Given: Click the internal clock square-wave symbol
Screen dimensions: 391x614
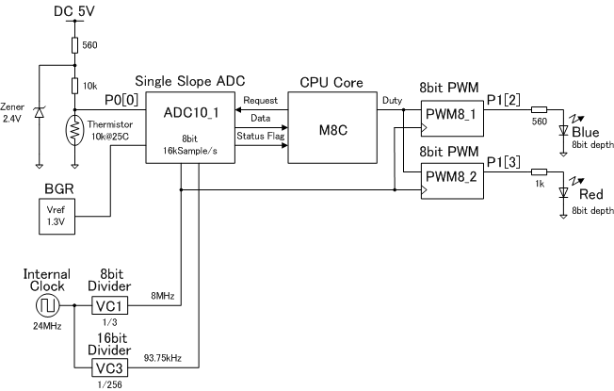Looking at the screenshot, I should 44,305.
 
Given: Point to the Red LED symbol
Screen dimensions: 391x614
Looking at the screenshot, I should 563,191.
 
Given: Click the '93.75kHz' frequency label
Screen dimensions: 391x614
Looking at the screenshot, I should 162,359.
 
